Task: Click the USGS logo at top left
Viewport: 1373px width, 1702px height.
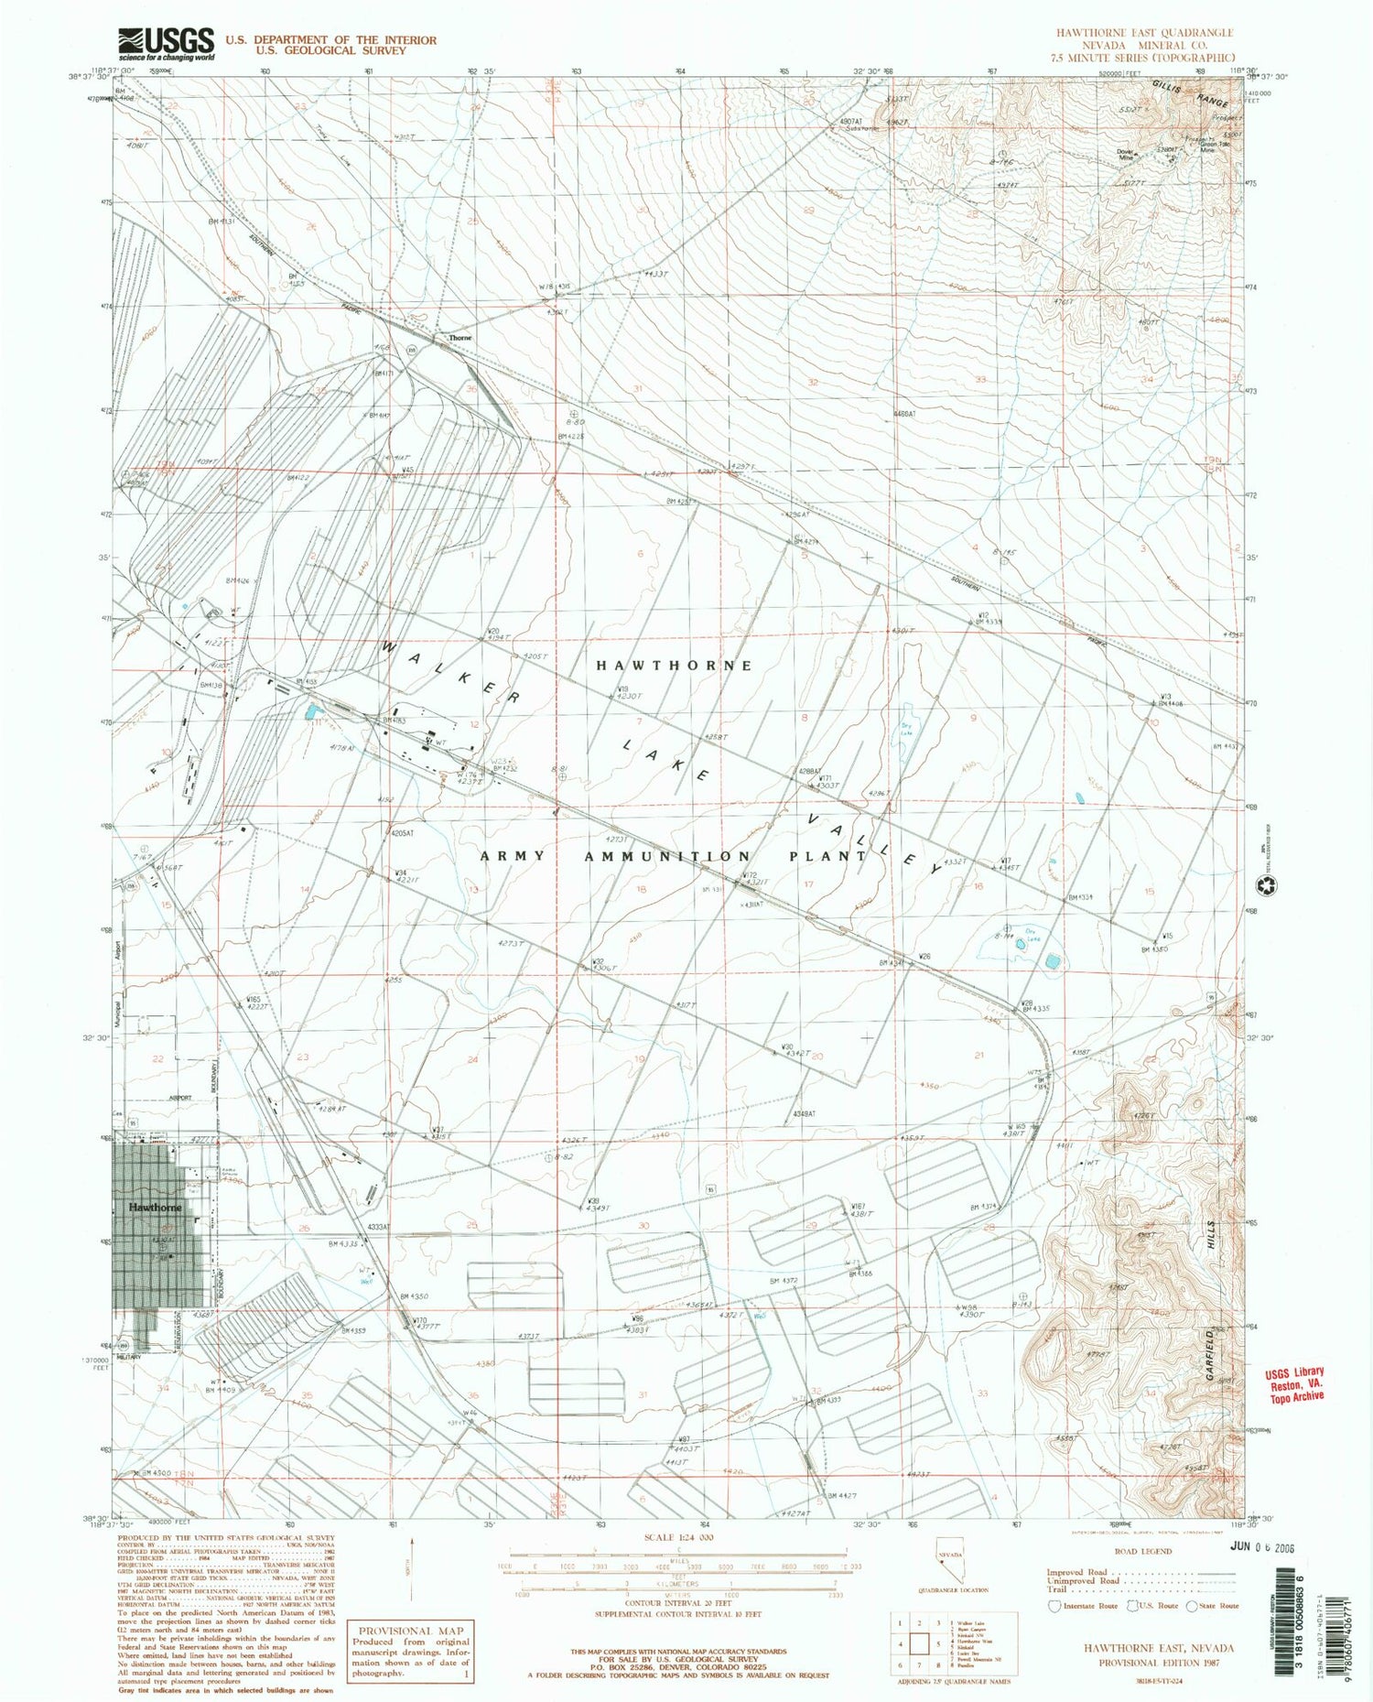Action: [166, 43]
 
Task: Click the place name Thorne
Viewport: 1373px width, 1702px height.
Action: [460, 338]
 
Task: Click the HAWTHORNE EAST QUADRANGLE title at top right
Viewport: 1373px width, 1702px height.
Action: [1144, 32]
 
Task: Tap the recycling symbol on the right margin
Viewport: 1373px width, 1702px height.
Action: [1274, 885]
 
